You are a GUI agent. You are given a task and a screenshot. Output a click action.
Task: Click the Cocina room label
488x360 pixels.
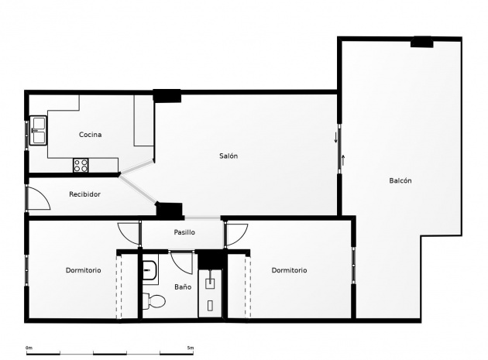(91, 135)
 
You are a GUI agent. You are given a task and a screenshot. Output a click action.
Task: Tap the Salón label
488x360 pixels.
(229, 156)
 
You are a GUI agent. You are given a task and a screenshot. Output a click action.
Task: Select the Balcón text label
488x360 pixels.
(400, 180)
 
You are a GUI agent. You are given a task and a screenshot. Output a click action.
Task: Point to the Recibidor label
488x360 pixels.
(84, 194)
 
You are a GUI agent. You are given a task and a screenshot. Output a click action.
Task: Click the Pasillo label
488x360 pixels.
(184, 232)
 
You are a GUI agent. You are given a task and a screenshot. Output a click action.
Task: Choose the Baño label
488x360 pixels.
(183, 287)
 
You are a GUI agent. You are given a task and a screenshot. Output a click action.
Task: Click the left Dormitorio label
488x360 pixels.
(84, 270)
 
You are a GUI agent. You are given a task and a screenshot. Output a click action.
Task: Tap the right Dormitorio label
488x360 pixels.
(289, 270)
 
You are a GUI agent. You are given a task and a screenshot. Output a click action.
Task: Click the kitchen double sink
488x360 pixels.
(38, 130)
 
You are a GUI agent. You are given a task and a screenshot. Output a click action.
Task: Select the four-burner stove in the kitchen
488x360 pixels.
(81, 165)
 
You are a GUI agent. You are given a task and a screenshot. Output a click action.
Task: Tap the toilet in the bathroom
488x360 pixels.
(154, 301)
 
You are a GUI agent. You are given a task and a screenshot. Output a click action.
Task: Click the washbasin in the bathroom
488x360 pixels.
(151, 270)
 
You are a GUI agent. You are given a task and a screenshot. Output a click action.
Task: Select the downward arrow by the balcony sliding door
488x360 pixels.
(336, 138)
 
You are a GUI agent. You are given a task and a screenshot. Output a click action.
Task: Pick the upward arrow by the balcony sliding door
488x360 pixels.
(343, 160)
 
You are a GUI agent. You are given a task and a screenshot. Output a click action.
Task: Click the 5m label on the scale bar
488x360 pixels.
(191, 348)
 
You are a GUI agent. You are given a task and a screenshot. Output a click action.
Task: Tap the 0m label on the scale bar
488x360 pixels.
(29, 348)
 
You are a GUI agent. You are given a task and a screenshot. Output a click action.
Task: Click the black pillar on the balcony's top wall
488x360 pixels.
(421, 42)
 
